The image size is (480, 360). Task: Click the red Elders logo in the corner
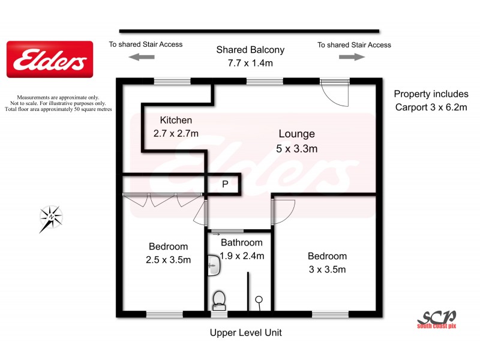pyautogui.click(x=50, y=59)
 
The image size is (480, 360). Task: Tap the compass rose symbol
pyautogui.click(x=51, y=217)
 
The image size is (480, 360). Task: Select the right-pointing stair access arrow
pyautogui.click(x=352, y=57)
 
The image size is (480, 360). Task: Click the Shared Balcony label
pyautogui.click(x=250, y=50)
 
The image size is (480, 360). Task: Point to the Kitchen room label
pyautogui.click(x=176, y=120)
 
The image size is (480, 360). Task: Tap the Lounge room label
pyautogui.click(x=296, y=134)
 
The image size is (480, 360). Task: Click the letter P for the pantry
pyautogui.click(x=225, y=185)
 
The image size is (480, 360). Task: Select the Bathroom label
pyautogui.click(x=241, y=243)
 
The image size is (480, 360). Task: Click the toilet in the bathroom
pyautogui.click(x=219, y=299)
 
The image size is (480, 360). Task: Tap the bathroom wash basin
pyautogui.click(x=212, y=262)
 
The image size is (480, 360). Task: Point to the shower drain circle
pyautogui.click(x=259, y=299)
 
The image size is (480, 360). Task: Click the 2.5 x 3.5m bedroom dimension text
pyautogui.click(x=168, y=260)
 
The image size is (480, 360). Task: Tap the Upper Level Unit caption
pyautogui.click(x=245, y=332)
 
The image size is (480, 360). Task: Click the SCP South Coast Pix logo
pyautogui.click(x=437, y=318)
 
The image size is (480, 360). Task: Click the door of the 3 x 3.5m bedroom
pyautogui.click(x=282, y=210)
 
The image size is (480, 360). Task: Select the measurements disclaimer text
pyautogui.click(x=58, y=103)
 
